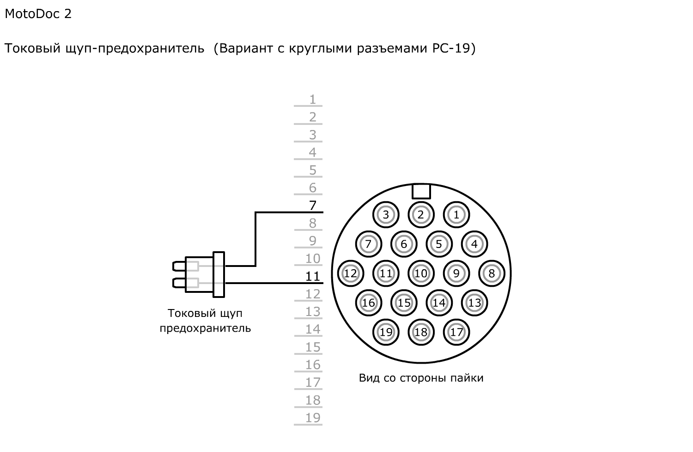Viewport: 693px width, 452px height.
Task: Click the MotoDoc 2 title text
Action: (38, 14)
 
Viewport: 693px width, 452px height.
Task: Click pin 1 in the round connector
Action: (456, 215)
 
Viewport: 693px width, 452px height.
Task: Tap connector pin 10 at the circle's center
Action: (421, 273)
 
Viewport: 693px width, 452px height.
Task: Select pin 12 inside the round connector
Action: (350, 273)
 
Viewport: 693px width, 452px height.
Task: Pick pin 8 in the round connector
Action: (492, 273)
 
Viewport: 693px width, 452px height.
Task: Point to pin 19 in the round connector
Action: (386, 332)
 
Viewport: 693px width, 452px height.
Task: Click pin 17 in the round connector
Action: (456, 332)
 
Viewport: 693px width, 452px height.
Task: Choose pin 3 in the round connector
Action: (386, 215)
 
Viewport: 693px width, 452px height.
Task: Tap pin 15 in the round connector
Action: (404, 303)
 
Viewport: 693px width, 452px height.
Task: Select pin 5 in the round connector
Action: (439, 244)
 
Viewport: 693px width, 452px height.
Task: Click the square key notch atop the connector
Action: (421, 191)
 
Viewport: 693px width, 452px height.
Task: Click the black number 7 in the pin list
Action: (313, 205)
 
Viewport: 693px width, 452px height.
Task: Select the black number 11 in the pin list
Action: (313, 276)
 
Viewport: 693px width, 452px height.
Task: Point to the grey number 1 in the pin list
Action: (313, 99)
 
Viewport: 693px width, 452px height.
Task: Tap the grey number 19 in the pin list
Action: (313, 418)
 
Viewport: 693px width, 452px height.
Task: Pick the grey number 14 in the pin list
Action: (313, 329)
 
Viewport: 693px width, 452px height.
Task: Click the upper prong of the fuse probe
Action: (179, 266)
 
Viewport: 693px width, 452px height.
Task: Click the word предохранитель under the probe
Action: (205, 328)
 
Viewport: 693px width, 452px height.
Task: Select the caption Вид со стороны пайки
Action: (421, 378)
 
